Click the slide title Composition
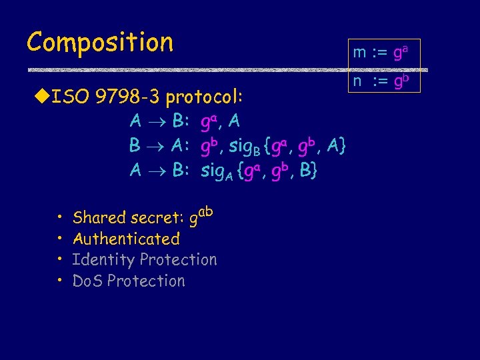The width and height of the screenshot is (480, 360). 100,43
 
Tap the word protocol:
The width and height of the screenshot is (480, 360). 204,99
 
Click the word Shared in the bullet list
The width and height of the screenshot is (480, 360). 99,217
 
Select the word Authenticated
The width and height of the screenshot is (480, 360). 126,239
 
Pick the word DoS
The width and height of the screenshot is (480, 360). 87,281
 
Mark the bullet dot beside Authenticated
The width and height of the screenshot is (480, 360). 59,239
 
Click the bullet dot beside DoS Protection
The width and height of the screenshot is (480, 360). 59,281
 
